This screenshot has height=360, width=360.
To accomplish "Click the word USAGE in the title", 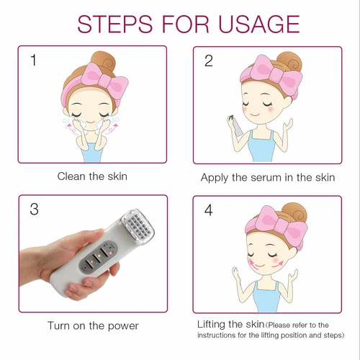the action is click(259, 24).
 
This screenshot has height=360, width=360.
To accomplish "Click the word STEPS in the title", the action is click(115, 24).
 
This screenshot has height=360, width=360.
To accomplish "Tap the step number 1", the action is click(34, 60).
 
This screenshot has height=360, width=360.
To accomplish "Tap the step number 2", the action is click(209, 60).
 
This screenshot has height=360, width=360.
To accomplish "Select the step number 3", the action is click(34, 209).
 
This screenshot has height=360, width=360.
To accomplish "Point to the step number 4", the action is click(208, 210).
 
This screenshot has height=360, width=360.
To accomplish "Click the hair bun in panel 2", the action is click(289, 62).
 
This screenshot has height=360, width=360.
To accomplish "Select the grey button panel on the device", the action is click(99, 258).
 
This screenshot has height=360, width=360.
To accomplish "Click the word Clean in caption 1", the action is click(71, 176).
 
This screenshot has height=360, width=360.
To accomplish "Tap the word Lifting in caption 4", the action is click(211, 325).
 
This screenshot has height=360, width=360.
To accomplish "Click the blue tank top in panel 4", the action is click(267, 297).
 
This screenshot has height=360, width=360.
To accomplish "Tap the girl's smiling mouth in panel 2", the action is click(254, 114).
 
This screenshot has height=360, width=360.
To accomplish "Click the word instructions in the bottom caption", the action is click(216, 335).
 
